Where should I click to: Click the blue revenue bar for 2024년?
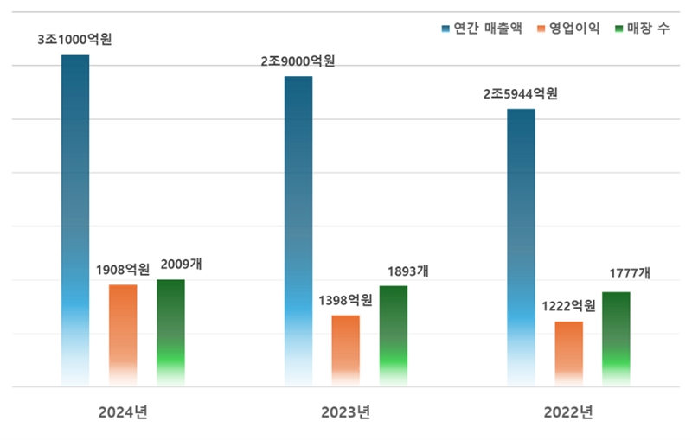pyautogui.click(x=74, y=216)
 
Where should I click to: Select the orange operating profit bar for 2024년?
pyautogui.click(x=123, y=333)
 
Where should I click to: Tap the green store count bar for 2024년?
pyautogui.click(x=170, y=330)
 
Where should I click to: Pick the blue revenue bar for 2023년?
pyautogui.click(x=298, y=229)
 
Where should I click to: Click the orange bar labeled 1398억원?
pyautogui.click(x=346, y=349)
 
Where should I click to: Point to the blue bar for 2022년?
pyautogui.click(x=521, y=246)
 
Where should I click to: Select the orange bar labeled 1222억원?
pyautogui.click(x=569, y=353)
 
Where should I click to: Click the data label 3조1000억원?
pyautogui.click(x=74, y=39)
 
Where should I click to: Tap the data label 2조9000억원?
pyautogui.click(x=298, y=61)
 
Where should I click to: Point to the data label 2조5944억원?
pyautogui.click(x=521, y=93)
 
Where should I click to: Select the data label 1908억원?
pyautogui.click(x=123, y=269)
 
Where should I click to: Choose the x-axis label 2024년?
pyautogui.click(x=123, y=411)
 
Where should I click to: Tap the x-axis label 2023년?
pyautogui.click(x=346, y=411)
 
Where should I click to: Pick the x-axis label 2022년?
pyautogui.click(x=568, y=411)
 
